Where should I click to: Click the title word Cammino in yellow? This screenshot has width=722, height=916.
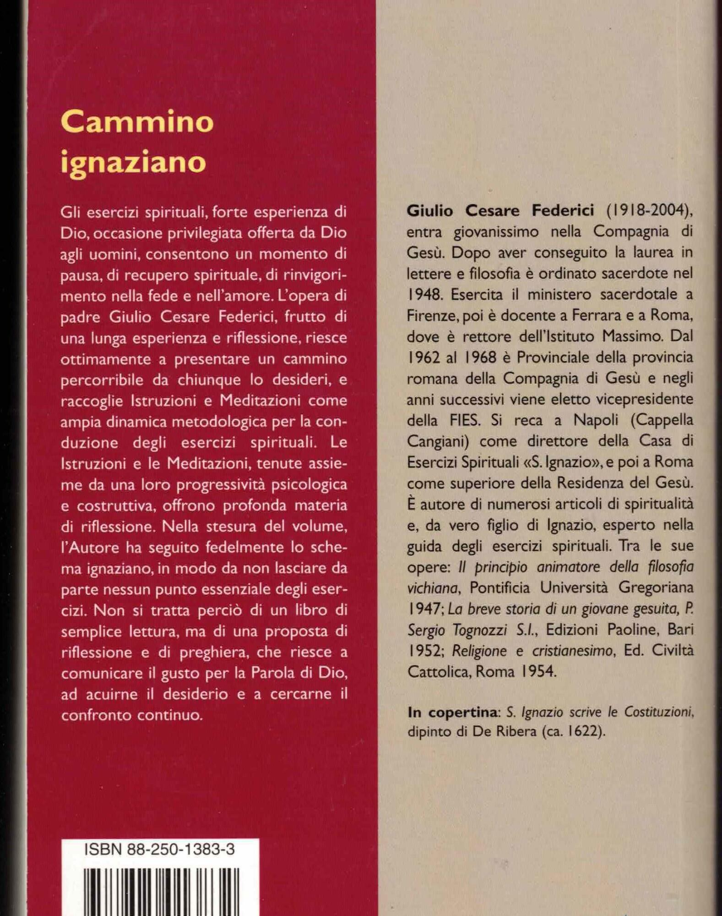coord(137,121)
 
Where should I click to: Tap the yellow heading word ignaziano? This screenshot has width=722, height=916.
coord(133,162)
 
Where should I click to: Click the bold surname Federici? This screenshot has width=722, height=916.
coord(563,210)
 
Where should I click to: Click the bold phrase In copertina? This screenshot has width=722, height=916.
coord(452,713)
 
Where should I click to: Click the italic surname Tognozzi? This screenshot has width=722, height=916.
coord(481,631)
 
